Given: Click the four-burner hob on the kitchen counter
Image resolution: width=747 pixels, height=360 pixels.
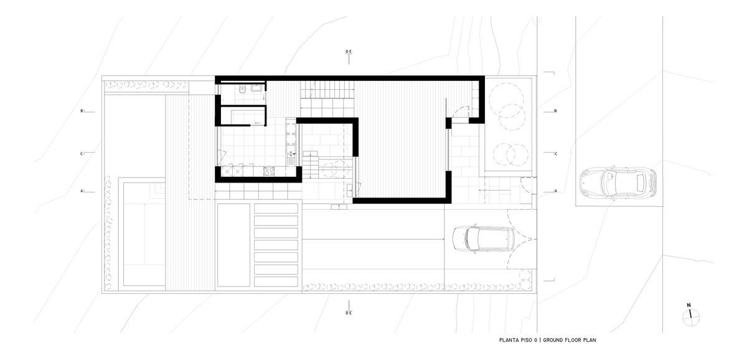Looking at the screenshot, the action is (x=269, y=171).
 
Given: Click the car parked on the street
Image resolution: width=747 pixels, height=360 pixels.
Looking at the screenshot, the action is (x=618, y=183).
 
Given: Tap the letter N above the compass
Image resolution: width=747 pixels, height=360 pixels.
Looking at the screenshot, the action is (x=688, y=305).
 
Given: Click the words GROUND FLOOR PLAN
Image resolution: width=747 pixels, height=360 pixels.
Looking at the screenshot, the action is (x=570, y=340).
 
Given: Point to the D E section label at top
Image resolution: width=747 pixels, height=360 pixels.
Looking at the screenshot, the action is (x=349, y=52).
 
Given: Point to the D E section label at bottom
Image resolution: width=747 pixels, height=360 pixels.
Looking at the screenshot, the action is (x=349, y=313).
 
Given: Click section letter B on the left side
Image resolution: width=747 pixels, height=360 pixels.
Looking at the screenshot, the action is (x=82, y=111).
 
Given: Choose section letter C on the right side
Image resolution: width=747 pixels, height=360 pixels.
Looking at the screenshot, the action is (x=555, y=154).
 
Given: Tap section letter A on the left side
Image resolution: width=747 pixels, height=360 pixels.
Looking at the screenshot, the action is (x=82, y=191).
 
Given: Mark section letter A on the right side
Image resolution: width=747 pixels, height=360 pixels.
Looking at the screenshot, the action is (x=555, y=191).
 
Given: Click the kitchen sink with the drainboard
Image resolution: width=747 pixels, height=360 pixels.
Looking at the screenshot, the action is (x=291, y=158).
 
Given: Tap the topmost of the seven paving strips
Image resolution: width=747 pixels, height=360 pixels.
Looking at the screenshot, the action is (x=276, y=209).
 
